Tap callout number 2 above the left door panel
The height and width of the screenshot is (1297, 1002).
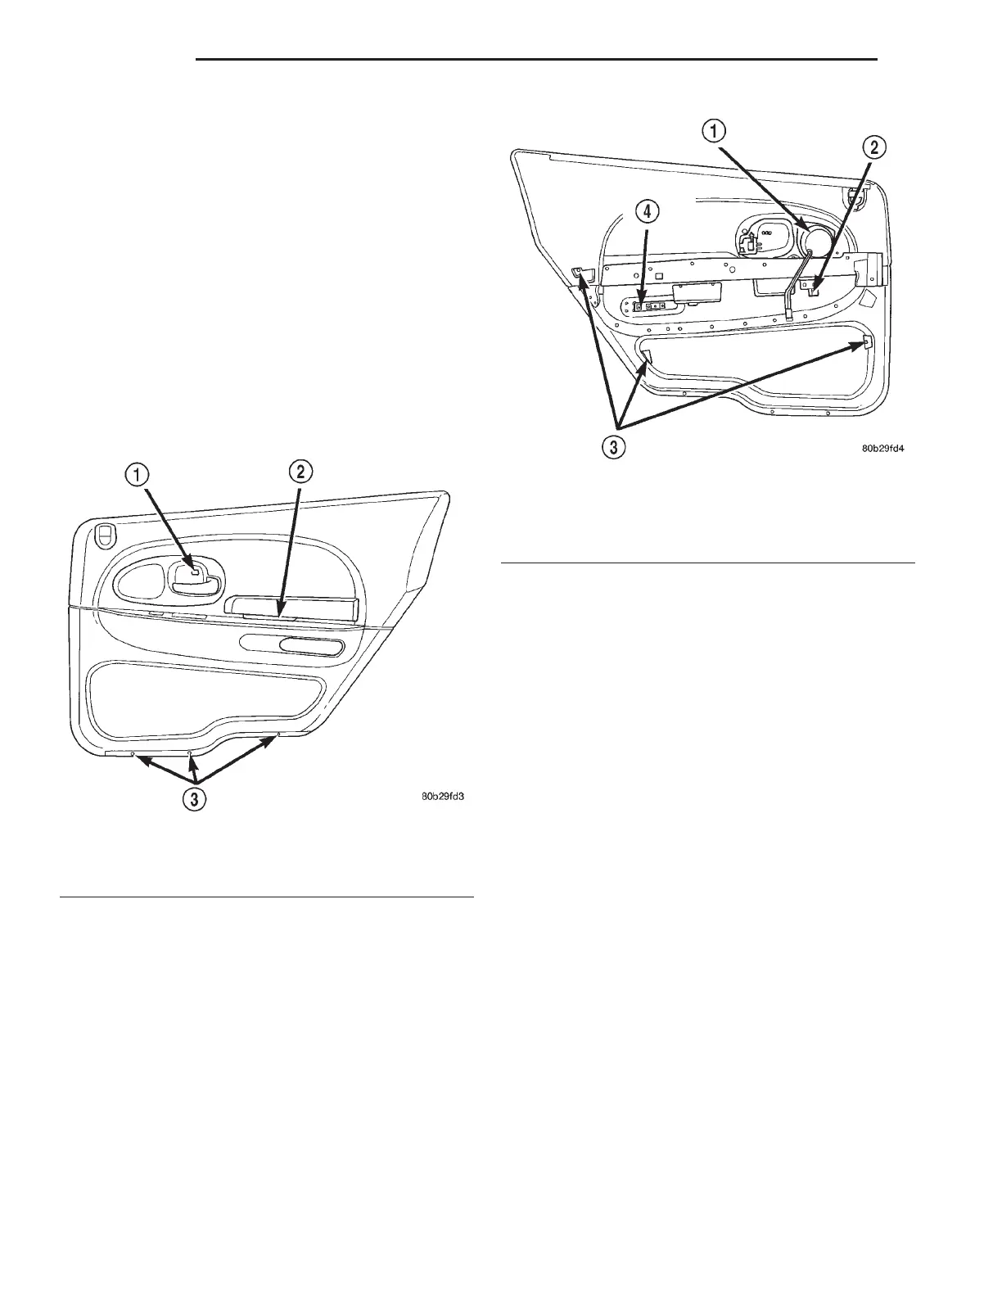(x=300, y=472)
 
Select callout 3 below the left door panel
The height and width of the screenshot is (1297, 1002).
(x=194, y=798)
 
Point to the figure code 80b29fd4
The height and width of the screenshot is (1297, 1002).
(x=888, y=449)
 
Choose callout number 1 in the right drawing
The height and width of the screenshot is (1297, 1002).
(x=714, y=131)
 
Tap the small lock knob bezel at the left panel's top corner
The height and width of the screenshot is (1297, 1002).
(x=104, y=535)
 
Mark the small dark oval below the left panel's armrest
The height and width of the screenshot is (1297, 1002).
(x=311, y=648)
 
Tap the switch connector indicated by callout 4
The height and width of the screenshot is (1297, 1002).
(x=652, y=307)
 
